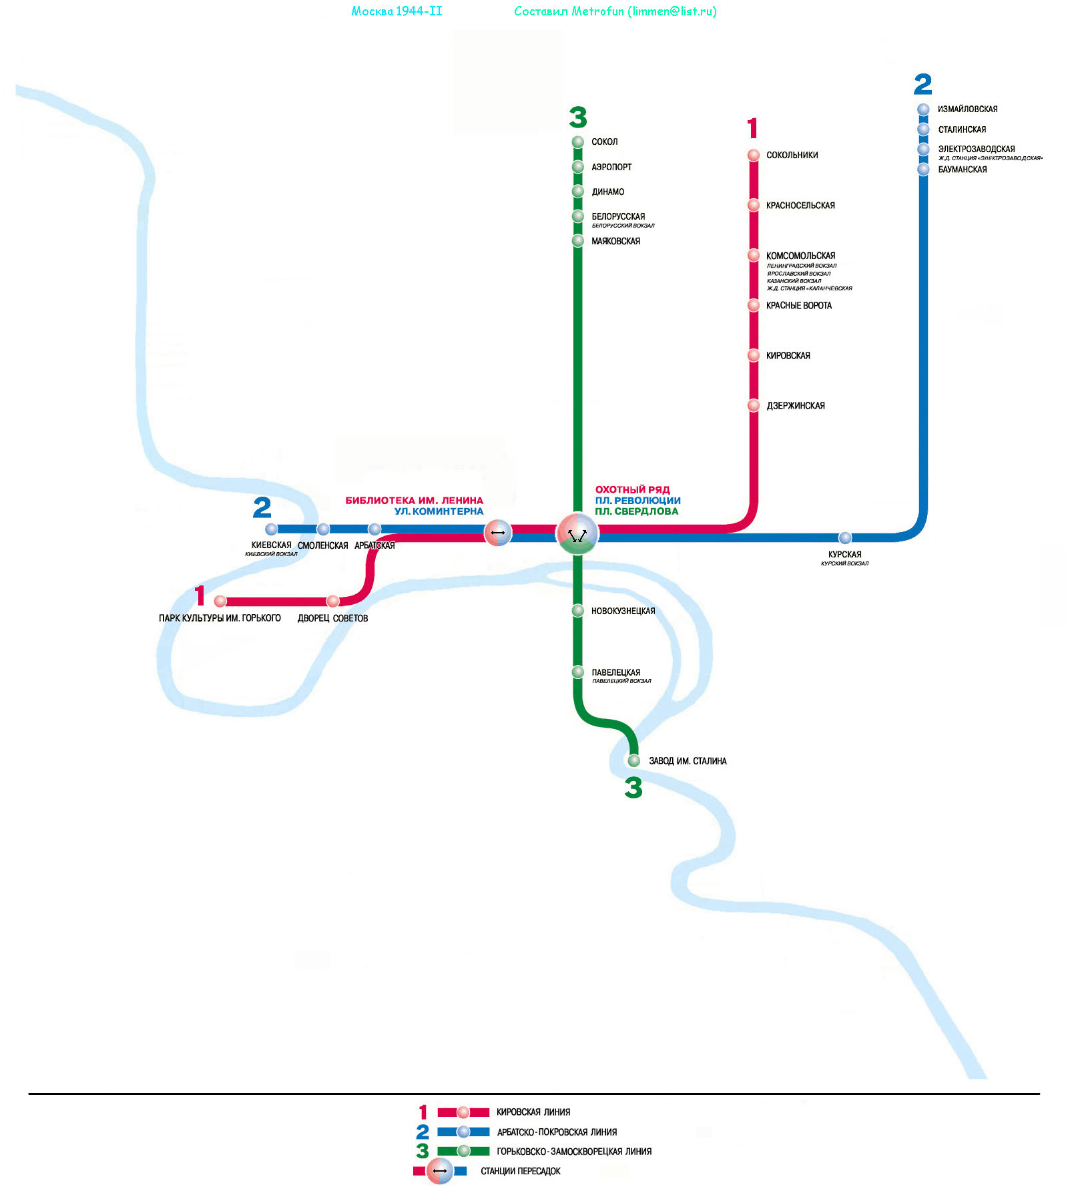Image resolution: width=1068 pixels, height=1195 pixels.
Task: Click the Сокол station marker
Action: pos(578,142)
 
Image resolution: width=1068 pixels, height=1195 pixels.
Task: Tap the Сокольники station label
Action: pos(792,156)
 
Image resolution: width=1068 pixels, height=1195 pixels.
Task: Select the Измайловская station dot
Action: pos(923,109)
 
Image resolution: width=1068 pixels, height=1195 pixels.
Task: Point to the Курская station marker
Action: pos(845,538)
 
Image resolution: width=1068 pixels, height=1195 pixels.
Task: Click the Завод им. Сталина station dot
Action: pos(634,761)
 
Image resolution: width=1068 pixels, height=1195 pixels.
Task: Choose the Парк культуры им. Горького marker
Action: pos(220,602)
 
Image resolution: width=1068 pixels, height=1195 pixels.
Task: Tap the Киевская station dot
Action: pos(271,529)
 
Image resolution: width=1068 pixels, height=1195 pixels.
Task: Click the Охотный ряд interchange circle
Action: pos(577,533)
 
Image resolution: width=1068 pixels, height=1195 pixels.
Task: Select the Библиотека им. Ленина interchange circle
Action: pos(498,533)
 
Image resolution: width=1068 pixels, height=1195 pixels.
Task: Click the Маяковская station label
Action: pos(615,242)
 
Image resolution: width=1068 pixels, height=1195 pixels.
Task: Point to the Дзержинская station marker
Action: pos(754,405)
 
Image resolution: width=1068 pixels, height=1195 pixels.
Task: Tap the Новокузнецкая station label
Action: pos(623,612)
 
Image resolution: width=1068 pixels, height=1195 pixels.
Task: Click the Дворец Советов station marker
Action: pos(332,602)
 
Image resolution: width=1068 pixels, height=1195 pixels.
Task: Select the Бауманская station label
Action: pos(963,170)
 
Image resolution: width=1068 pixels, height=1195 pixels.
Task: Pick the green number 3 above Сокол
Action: pos(578,117)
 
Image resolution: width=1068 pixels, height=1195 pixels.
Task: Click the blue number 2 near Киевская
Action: pos(262,508)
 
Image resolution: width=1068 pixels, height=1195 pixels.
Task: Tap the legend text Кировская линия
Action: pos(533,1112)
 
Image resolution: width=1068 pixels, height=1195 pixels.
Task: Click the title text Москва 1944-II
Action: pos(396,11)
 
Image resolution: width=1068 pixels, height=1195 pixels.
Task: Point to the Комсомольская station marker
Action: pos(754,255)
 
